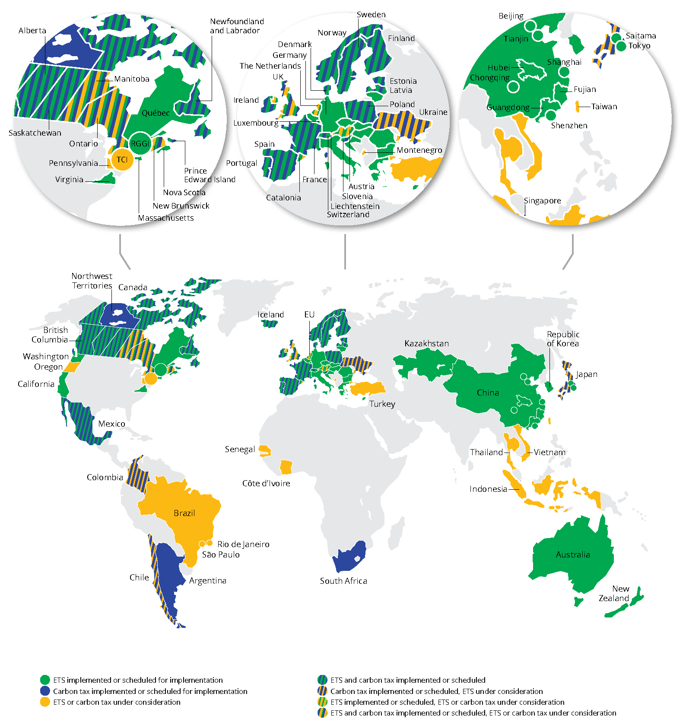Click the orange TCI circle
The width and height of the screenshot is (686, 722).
tap(122, 160)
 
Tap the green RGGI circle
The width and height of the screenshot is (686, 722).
tap(140, 143)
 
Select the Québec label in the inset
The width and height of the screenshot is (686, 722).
tap(156, 113)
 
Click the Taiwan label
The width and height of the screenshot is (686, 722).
tap(604, 107)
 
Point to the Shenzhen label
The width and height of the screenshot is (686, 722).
tap(569, 126)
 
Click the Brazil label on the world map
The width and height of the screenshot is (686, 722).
tap(184, 513)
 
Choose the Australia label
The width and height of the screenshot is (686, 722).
tap(573, 554)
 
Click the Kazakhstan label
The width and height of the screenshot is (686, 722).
tap(426, 343)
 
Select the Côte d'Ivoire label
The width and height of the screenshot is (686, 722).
tap(266, 483)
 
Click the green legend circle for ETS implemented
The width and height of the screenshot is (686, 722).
tap(45, 680)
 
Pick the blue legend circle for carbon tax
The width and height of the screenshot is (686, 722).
tap(45, 691)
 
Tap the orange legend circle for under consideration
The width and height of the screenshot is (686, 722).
tap(45, 702)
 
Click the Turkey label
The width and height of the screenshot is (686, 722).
tap(382, 404)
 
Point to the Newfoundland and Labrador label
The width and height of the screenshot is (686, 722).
tap(237, 26)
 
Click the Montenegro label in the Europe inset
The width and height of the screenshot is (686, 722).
tap(419, 150)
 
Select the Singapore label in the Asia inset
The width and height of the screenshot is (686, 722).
tap(542, 201)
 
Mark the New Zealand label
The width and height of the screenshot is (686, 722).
tap(614, 593)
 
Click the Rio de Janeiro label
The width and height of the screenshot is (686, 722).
tap(243, 544)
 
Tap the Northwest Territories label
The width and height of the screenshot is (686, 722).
tap(92, 281)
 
